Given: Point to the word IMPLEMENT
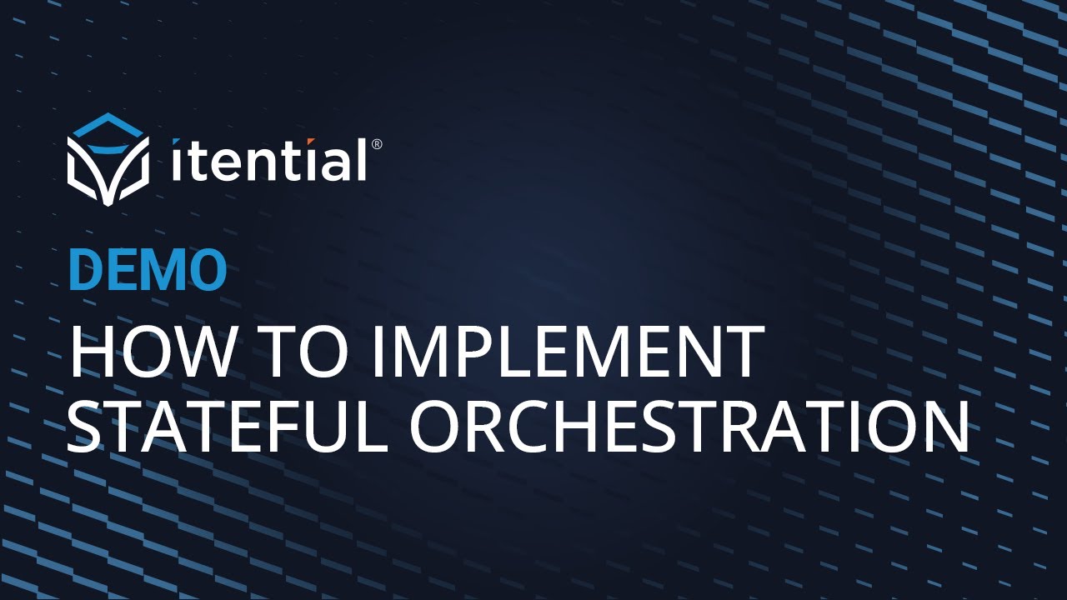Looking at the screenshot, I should tap(568, 352).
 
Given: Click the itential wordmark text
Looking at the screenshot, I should tap(268, 161).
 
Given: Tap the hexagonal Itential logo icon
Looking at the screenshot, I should tap(108, 158).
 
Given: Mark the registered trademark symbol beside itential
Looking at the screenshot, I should tap(377, 144).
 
